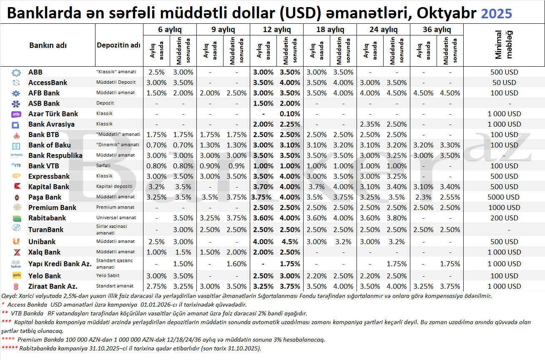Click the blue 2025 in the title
pos(496,14)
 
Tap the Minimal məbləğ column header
pos(504,45)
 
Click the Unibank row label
pos(42,242)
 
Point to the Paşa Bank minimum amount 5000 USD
pos(505,197)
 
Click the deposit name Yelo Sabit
pos(108,276)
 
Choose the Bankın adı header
pos(48,45)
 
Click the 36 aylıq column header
pos(437,30)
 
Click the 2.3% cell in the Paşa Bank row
pos(423,197)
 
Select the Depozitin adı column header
pos(118,45)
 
